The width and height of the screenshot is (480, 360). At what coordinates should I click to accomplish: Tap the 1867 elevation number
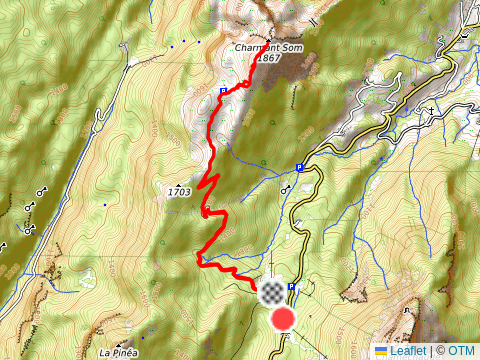pos(267,59)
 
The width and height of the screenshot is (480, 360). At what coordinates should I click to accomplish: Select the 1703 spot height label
pos(179,191)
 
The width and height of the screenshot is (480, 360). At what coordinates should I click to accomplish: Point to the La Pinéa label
pos(118,353)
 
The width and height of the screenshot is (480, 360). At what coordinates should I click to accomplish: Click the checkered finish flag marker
pos(270,293)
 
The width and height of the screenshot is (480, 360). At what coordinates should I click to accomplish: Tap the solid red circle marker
pos(284,319)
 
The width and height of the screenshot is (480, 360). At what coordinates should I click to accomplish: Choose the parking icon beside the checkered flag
pos(291,288)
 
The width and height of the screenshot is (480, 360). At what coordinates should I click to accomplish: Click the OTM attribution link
pos(461,351)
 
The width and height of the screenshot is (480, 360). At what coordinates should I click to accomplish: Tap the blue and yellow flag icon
pos(381,351)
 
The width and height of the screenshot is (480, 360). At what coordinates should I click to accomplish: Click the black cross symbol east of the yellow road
pos(431,110)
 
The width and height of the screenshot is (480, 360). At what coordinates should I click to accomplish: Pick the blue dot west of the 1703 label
pos(104,204)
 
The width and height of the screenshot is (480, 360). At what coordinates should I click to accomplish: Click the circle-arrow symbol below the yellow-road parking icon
pos(287,188)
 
